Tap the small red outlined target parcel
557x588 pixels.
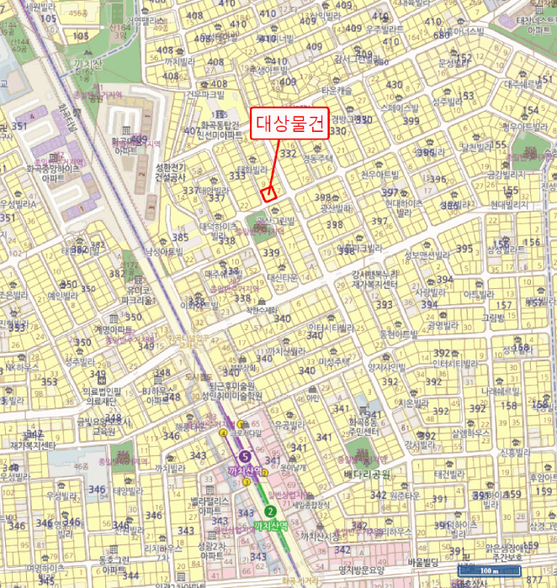[x=269, y=193]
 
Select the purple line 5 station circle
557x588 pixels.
[x=245, y=455]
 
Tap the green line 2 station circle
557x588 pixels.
[x=270, y=511]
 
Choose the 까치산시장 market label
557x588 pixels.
[x=321, y=537]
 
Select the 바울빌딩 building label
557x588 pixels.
[x=424, y=562]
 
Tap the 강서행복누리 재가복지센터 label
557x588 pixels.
[x=374, y=280]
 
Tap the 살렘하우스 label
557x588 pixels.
[x=470, y=433]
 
